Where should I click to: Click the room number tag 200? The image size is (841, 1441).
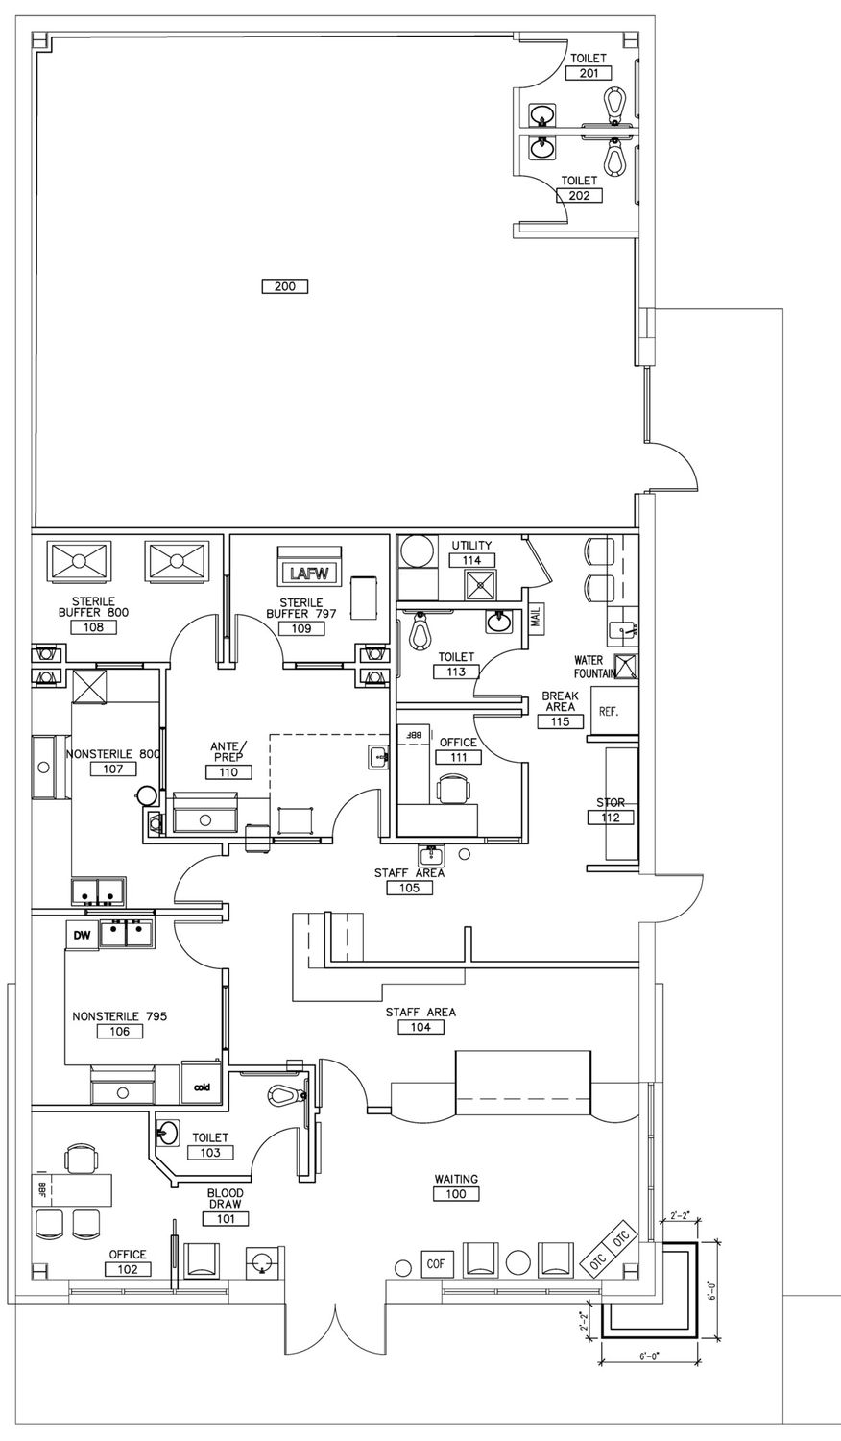[285, 285]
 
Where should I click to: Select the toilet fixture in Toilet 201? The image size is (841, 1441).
[616, 104]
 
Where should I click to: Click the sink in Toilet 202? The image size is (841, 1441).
[542, 149]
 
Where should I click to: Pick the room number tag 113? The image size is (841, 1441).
[457, 672]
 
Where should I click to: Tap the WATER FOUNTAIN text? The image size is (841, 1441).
[591, 667]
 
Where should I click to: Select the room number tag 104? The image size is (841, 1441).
[420, 1027]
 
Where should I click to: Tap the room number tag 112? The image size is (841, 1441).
[611, 818]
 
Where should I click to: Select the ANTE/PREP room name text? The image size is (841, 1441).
[228, 751]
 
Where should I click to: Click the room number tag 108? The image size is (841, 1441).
[94, 626]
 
